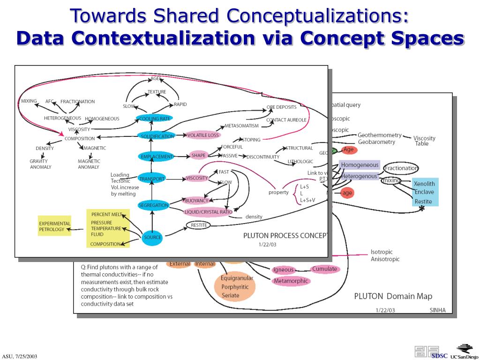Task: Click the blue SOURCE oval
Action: click(x=152, y=238)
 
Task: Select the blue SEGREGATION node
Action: click(x=153, y=205)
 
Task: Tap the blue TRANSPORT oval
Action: click(x=151, y=179)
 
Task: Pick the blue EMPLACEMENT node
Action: click(x=157, y=157)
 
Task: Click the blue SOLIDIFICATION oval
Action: click(x=157, y=136)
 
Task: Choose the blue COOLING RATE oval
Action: click(x=155, y=119)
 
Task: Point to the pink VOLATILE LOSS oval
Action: click(x=203, y=135)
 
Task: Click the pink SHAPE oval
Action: click(x=199, y=156)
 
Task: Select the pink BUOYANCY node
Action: click(x=196, y=201)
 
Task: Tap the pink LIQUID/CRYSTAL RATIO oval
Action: click(x=208, y=212)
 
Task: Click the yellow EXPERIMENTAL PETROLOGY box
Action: click(x=54, y=226)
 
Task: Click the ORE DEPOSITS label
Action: click(x=281, y=107)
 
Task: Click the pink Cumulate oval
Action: click(x=325, y=269)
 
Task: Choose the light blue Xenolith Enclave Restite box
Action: click(x=424, y=192)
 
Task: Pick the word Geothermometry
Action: click(x=379, y=135)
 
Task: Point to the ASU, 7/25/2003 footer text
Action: click(x=19, y=356)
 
